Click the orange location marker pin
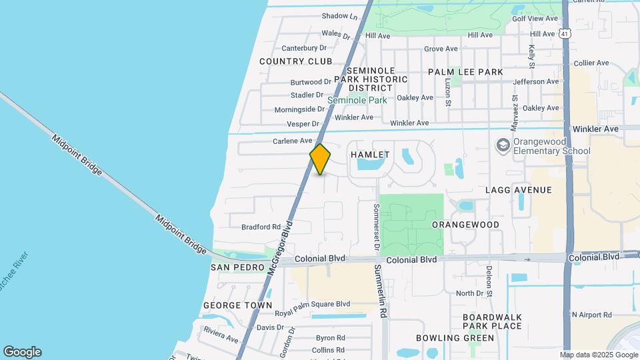pyautogui.click(x=320, y=159)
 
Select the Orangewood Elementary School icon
pyautogui.click(x=503, y=145)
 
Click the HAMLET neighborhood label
pyautogui.click(x=370, y=155)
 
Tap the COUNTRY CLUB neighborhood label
pyautogui.click(x=295, y=61)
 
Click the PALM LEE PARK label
pyautogui.click(x=465, y=71)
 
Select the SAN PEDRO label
pyautogui.click(x=238, y=267)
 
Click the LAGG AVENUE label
pyautogui.click(x=519, y=190)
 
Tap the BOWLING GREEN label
pyautogui.click(x=446, y=338)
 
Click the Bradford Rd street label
pyautogui.click(x=261, y=227)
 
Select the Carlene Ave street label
pyautogui.click(x=292, y=141)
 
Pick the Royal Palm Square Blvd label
pyautogui.click(x=313, y=304)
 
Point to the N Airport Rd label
pyautogui.click(x=591, y=315)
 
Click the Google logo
pyautogui.click(x=22, y=352)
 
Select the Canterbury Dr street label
pyautogui.click(x=304, y=48)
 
